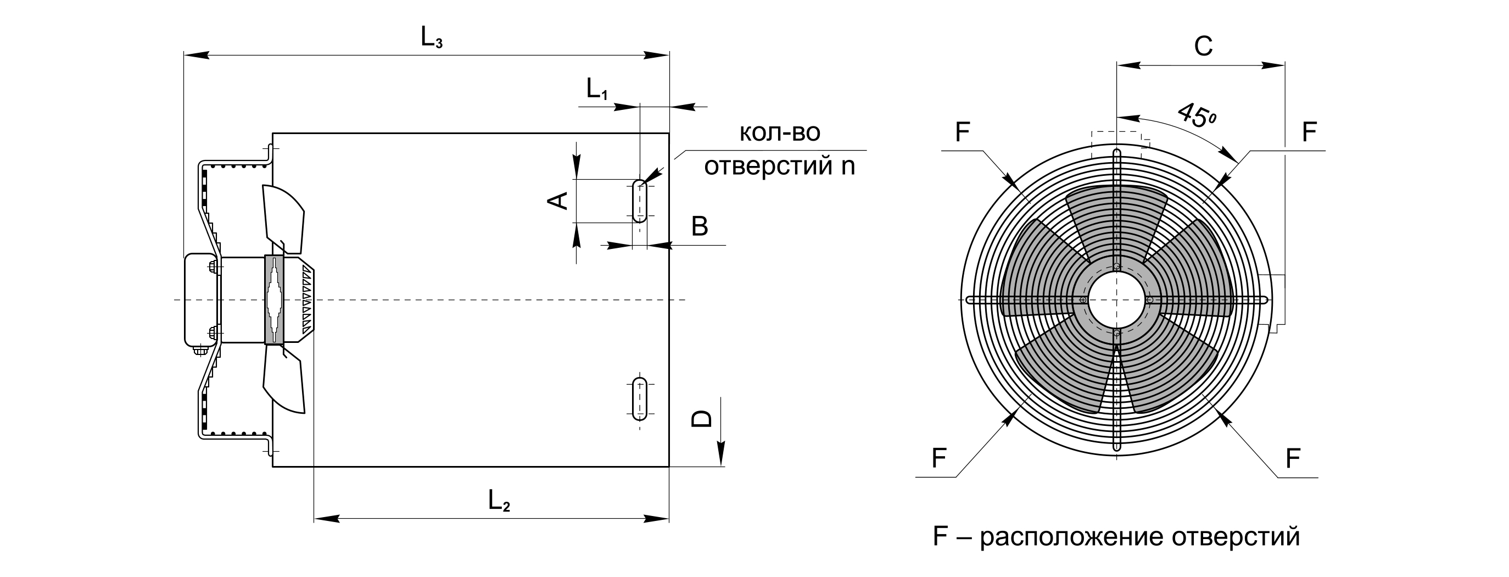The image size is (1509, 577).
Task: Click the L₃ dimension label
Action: [x=432, y=38]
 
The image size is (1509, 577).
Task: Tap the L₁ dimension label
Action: [x=597, y=90]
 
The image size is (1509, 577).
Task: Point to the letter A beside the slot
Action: [x=558, y=201]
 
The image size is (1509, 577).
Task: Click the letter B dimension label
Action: [x=700, y=226]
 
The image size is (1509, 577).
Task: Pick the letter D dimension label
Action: [x=702, y=418]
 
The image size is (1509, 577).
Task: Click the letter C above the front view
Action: [x=1203, y=46]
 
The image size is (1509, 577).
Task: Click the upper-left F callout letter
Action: [x=962, y=132]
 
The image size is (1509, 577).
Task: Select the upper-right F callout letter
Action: [x=1309, y=132]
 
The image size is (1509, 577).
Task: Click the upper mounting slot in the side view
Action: [x=640, y=201]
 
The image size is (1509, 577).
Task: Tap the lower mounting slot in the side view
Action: [x=640, y=399]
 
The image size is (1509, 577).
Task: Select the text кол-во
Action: [x=780, y=132]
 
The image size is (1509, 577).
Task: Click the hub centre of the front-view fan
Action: [x=1116, y=299]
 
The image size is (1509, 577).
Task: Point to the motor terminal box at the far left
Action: [x=200, y=299]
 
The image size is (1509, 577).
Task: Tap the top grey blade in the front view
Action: [x=1116, y=217]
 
